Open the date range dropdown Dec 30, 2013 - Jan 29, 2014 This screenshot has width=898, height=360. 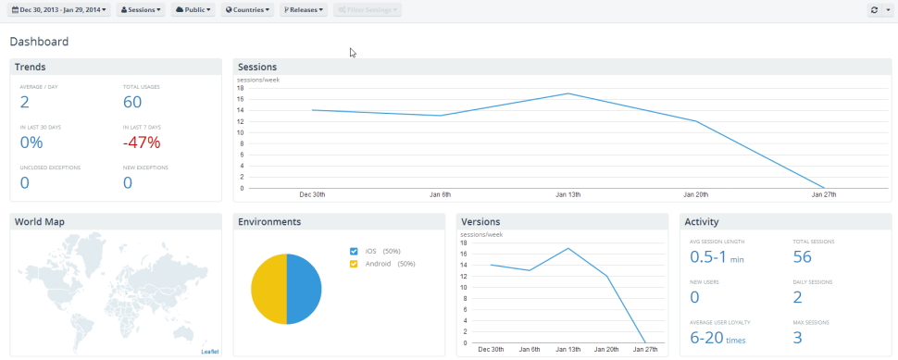click(x=58, y=10)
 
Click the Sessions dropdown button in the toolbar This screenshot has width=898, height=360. click(x=142, y=10)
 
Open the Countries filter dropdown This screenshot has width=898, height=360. click(x=248, y=10)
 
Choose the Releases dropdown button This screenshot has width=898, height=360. click(x=304, y=10)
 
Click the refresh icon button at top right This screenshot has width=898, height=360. click(x=874, y=10)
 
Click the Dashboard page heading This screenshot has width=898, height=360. click(x=39, y=42)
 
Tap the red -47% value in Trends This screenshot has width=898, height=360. click(x=142, y=142)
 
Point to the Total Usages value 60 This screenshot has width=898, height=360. click(x=132, y=102)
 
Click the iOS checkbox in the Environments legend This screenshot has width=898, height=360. click(x=354, y=251)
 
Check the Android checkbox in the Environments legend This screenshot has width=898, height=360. click(x=354, y=264)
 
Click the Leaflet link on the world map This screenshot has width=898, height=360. click(x=210, y=352)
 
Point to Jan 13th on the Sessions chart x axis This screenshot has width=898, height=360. click(x=567, y=194)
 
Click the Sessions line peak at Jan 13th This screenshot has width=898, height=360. click(x=567, y=93)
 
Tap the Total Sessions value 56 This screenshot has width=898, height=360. click(x=802, y=257)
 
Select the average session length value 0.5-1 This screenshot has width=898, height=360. click(x=708, y=257)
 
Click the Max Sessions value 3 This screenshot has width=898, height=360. click(x=797, y=338)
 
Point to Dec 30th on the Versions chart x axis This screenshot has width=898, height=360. click(x=491, y=349)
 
